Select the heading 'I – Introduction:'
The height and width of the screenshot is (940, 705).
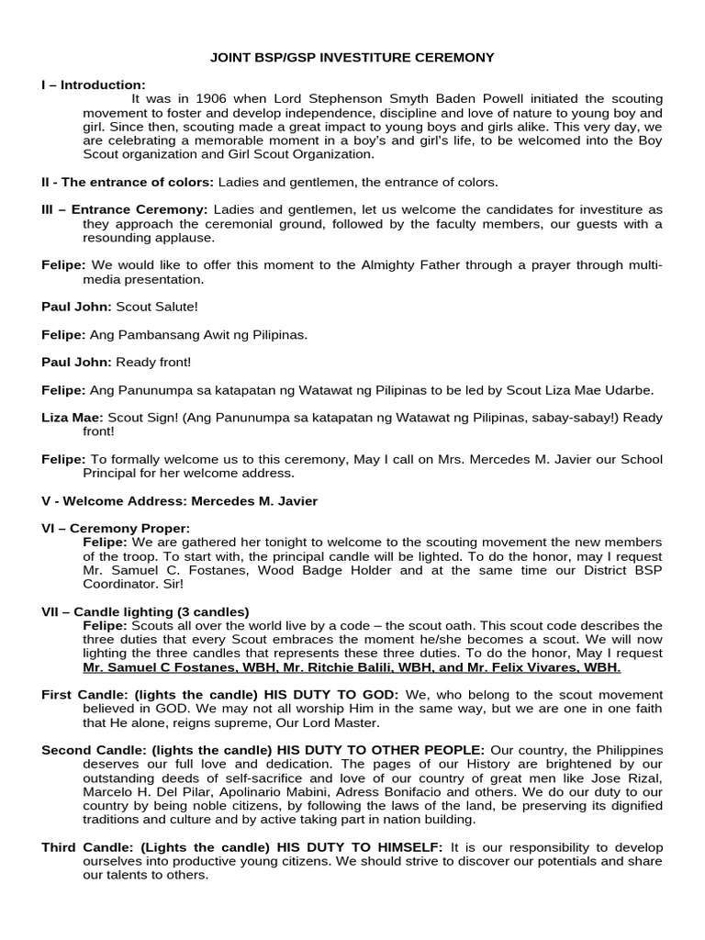point(94,84)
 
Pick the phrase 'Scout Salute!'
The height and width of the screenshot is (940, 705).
point(169,307)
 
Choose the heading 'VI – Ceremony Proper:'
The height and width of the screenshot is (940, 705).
point(116,528)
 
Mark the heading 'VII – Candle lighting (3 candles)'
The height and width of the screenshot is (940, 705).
point(145,611)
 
